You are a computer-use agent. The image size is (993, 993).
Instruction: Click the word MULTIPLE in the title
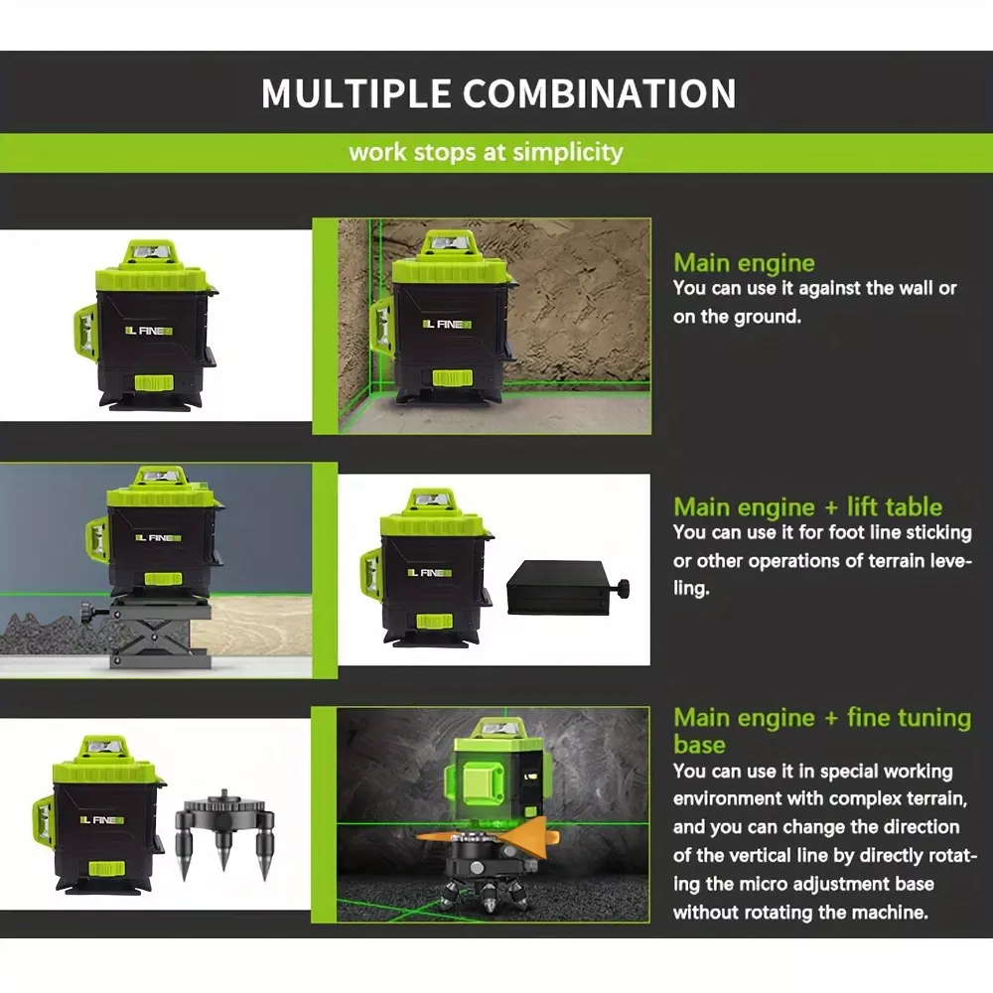coord(355,93)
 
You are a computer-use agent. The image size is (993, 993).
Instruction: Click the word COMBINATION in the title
coord(599,93)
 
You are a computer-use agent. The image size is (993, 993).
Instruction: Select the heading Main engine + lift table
coord(807,507)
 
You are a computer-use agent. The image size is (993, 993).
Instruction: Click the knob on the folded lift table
coord(622,588)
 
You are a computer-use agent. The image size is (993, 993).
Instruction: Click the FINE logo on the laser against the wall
coord(447,325)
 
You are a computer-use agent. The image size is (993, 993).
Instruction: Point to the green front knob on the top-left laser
coord(154,383)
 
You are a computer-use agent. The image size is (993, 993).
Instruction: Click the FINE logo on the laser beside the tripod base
coord(102,820)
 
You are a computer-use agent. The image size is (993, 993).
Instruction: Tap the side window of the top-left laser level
coord(86,330)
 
